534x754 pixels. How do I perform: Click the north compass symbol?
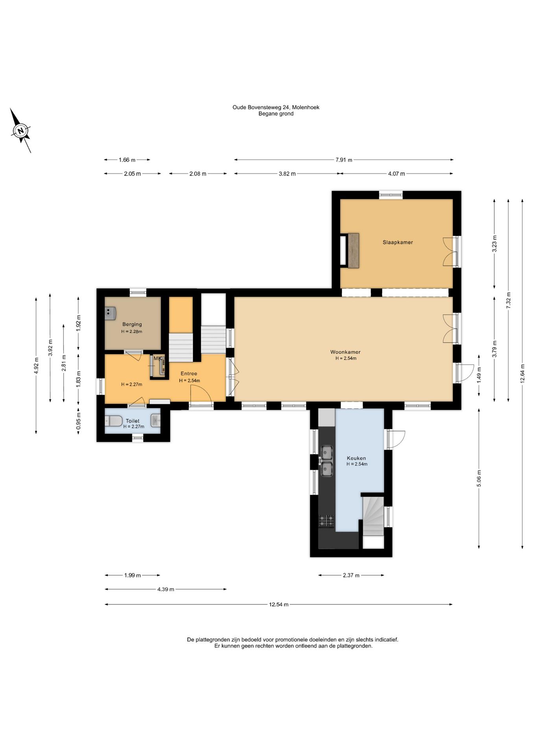pyautogui.click(x=20, y=130)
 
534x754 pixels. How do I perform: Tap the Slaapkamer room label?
pyautogui.click(x=398, y=242)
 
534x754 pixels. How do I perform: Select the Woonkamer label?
pyautogui.click(x=345, y=352)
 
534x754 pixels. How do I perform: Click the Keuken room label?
pyautogui.click(x=356, y=458)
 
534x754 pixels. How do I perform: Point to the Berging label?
pyautogui.click(x=132, y=324)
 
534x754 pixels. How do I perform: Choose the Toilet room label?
pyautogui.click(x=133, y=421)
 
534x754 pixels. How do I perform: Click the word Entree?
pyautogui.click(x=189, y=373)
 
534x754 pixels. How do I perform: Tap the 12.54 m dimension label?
pyautogui.click(x=279, y=604)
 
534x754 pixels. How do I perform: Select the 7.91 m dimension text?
pyautogui.click(x=344, y=160)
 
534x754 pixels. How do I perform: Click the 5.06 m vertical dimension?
pyautogui.click(x=479, y=478)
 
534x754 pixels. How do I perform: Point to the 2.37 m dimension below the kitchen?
pyautogui.click(x=351, y=575)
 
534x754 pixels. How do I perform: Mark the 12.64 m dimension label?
pyautogui.click(x=522, y=373)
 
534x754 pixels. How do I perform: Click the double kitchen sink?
pyautogui.click(x=326, y=461)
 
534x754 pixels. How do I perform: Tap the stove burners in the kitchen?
pyautogui.click(x=326, y=521)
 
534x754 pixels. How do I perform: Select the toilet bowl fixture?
pyautogui.click(x=114, y=421)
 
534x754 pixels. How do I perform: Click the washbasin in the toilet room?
pyautogui.click(x=156, y=421)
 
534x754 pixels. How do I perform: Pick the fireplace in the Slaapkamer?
pyautogui.click(x=350, y=251)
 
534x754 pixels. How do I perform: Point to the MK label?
pyautogui.click(x=157, y=359)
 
